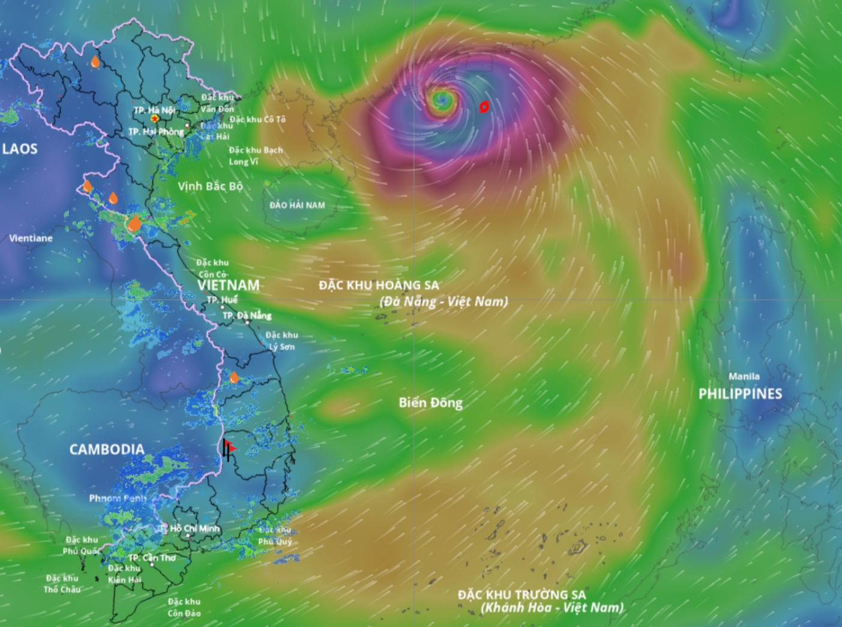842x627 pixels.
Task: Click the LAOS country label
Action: click(x=20, y=149)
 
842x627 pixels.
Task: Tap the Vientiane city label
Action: click(x=31, y=238)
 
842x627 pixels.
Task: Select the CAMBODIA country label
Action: click(x=107, y=449)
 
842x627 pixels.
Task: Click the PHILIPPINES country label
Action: click(x=740, y=393)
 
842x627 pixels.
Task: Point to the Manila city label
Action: click(x=744, y=377)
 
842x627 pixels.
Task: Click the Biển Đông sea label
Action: click(x=430, y=402)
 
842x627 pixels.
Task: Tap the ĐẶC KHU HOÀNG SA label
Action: click(x=379, y=285)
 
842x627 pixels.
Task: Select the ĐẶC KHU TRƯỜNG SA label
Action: click(x=522, y=595)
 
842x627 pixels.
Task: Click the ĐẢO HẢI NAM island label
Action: click(x=297, y=205)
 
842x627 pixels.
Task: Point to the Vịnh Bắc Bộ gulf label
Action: click(x=210, y=186)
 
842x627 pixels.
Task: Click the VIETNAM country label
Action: click(x=229, y=285)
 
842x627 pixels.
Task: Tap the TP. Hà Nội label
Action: click(x=154, y=111)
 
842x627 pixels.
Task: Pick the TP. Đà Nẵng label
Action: click(x=247, y=315)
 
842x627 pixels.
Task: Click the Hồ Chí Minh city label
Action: click(x=194, y=529)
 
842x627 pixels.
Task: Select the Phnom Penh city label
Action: click(x=118, y=498)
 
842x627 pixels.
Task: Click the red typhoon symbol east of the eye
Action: click(x=484, y=107)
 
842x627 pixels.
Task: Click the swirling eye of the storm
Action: click(x=443, y=98)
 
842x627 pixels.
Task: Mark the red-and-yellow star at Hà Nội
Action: click(x=155, y=120)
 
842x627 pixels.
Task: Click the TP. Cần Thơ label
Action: click(x=152, y=558)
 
